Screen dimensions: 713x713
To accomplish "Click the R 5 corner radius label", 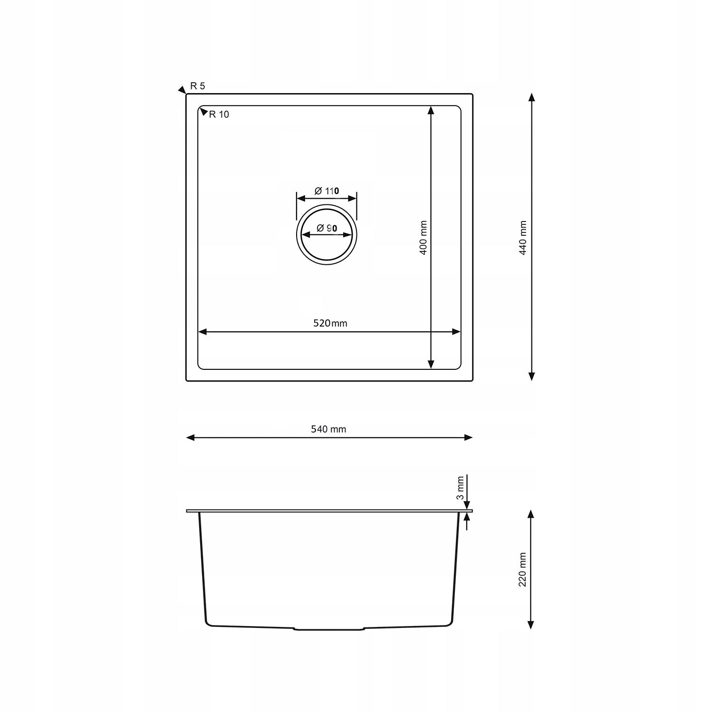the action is click(197, 86).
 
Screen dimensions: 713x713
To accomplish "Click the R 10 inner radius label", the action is click(219, 115).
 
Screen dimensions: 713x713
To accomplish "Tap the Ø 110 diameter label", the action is click(327, 191).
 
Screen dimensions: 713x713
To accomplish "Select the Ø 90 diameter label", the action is click(327, 228).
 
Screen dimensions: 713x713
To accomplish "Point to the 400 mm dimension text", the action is click(423, 238).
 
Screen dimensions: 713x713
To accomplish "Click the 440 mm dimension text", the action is click(523, 238).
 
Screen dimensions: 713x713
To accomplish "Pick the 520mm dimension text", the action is click(330, 323).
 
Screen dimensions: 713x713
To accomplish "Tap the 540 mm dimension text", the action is click(328, 429).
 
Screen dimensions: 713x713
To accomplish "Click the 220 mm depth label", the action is click(522, 569).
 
